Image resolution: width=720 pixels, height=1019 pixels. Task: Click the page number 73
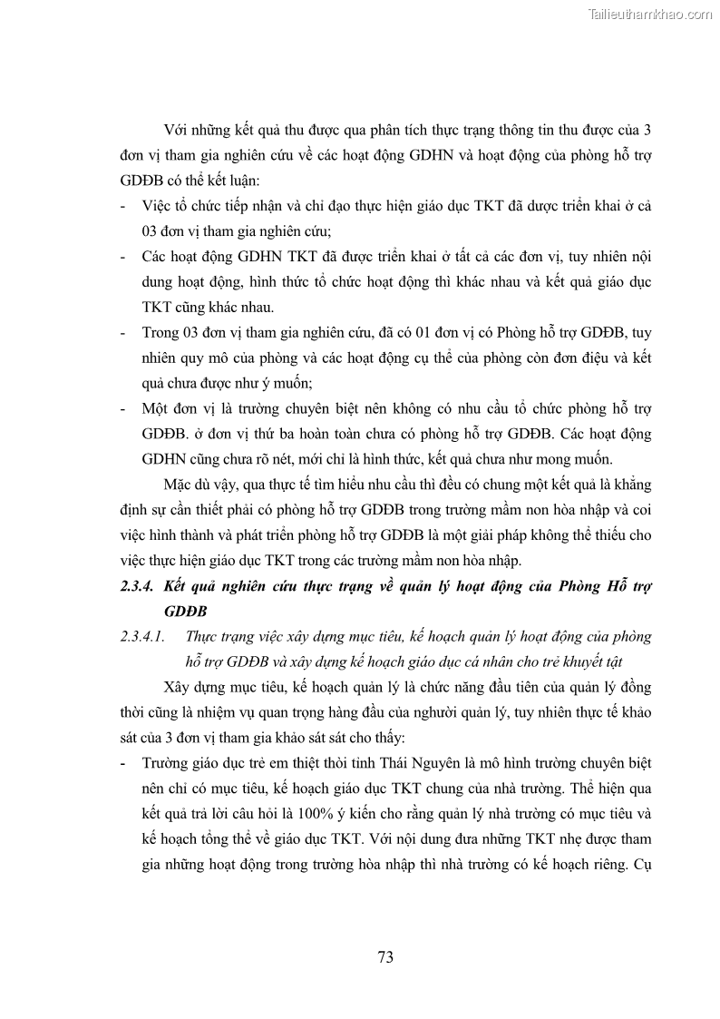pos(384,956)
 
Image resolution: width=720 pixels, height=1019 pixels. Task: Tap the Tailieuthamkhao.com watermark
pos(650,14)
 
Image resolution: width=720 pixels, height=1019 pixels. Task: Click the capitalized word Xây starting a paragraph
pos(180,684)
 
